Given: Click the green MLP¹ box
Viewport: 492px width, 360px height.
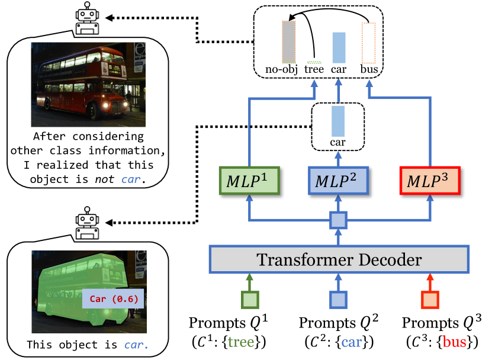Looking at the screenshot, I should tap(249, 180).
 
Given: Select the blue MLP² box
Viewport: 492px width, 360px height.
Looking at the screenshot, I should tap(338, 180).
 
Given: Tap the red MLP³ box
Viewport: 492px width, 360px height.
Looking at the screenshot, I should tap(427, 180).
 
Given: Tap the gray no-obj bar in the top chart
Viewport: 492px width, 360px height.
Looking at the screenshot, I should tap(288, 41).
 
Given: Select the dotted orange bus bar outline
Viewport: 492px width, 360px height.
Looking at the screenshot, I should tap(368, 43).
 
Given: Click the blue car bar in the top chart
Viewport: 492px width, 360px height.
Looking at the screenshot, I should tap(339, 47).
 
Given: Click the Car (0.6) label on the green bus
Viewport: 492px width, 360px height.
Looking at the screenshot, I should tap(114, 298).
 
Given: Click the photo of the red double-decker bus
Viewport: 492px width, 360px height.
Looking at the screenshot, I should tap(88, 80).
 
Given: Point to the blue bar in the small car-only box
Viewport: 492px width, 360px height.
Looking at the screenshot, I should tap(338, 122).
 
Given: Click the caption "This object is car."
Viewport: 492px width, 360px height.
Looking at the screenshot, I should tap(88, 343).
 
